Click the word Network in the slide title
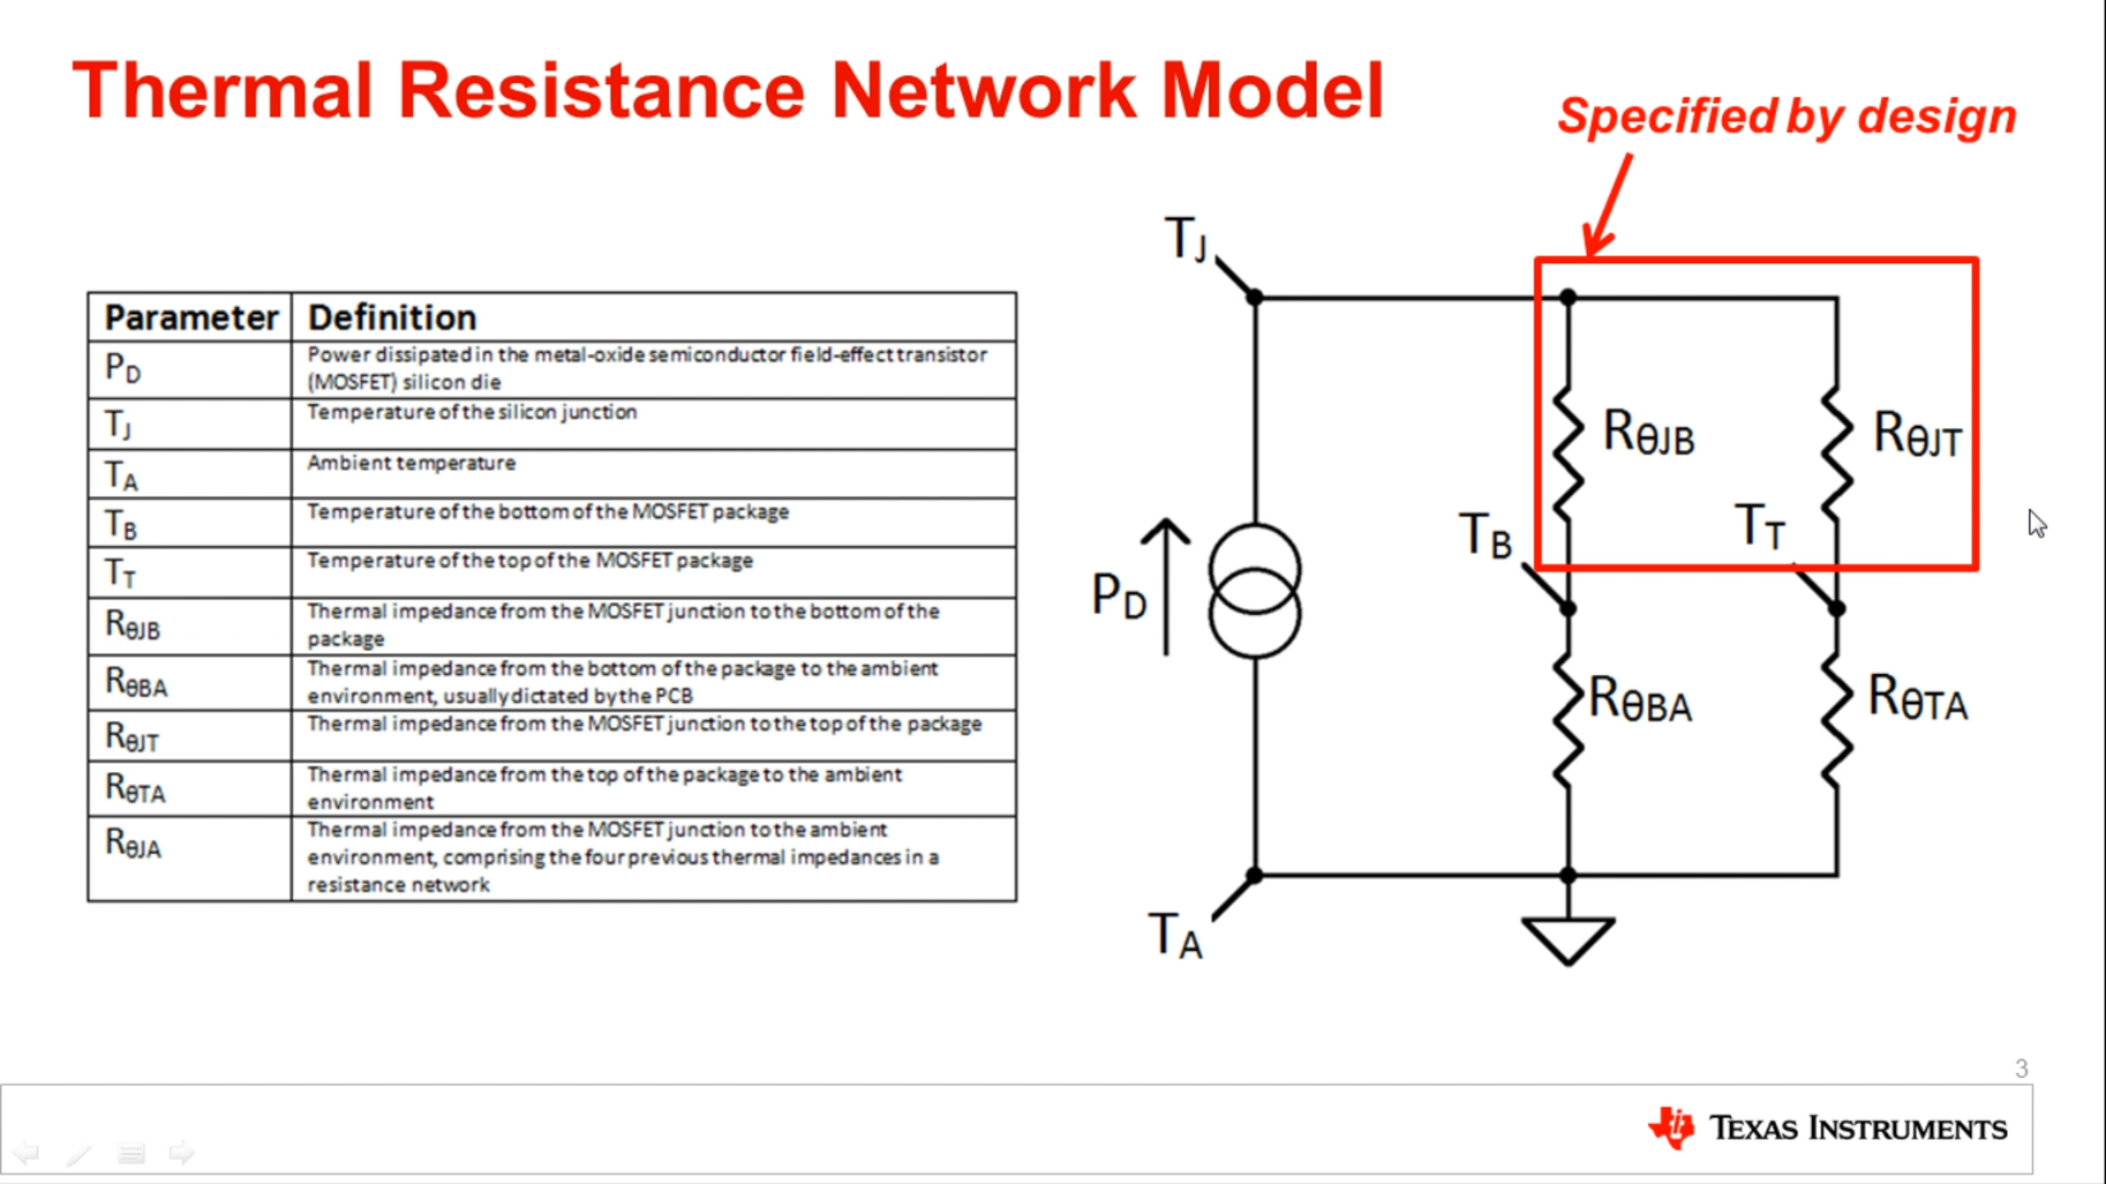(x=983, y=92)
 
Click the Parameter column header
(x=191, y=317)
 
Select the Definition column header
(x=392, y=317)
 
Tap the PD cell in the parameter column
(x=123, y=368)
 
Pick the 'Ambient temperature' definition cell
(x=411, y=463)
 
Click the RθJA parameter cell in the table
(x=133, y=843)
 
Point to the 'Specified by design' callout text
(x=1787, y=116)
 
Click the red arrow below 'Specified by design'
(x=1608, y=206)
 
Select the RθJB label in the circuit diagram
(x=1649, y=432)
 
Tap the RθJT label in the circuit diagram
(x=1917, y=433)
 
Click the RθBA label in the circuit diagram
(x=1640, y=700)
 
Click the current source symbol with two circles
(x=1255, y=591)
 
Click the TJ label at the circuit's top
(x=1185, y=238)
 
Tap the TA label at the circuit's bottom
(x=1175, y=936)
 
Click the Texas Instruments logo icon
(x=1671, y=1128)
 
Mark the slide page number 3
(x=2021, y=1068)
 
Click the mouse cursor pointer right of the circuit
(x=2037, y=523)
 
